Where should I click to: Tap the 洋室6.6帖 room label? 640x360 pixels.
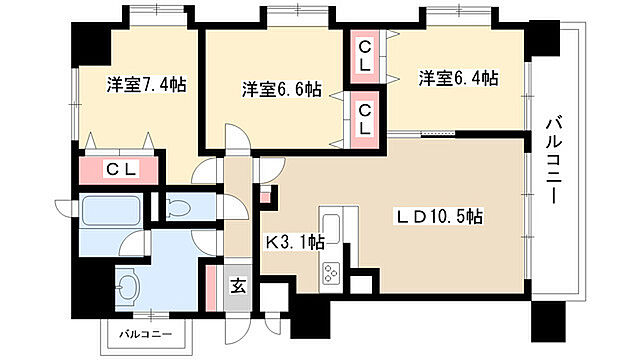281,90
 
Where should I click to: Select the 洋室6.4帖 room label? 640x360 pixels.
457,78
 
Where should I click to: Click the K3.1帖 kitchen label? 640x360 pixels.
294,241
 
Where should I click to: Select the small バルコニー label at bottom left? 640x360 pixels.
148,332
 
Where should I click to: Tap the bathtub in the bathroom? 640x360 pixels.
111,212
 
